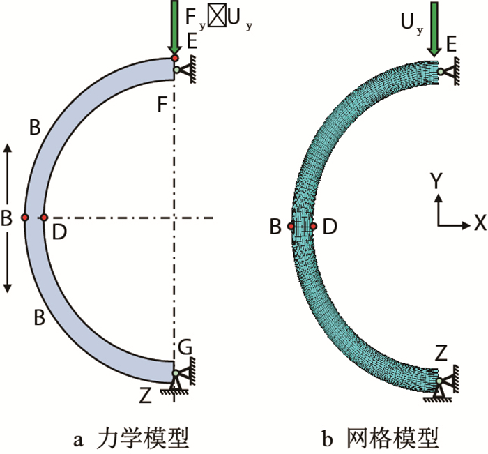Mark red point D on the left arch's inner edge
coord(43,218)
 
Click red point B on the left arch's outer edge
coord(24,218)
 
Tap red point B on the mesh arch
coord(291,226)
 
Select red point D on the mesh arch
coord(314,226)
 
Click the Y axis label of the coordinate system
coord(436,181)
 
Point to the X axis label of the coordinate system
coord(479,222)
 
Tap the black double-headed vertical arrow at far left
coord(8,218)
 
